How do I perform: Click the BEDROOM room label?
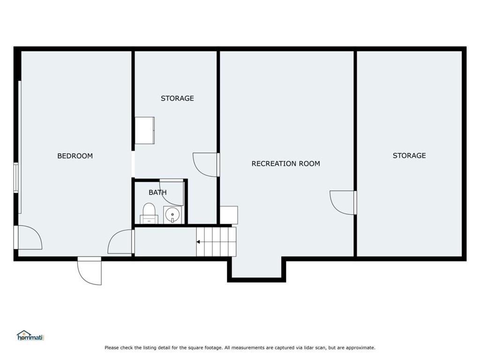point(75,156)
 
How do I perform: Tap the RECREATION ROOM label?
point(285,164)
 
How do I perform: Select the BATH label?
point(157,193)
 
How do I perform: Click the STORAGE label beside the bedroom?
point(177,98)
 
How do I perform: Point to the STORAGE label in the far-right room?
point(409,156)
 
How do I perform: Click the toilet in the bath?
point(149,213)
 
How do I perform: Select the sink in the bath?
point(172,215)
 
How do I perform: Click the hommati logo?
point(30,336)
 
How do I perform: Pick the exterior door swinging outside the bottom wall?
point(90,271)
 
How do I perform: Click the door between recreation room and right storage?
point(343,202)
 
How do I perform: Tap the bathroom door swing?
point(172,193)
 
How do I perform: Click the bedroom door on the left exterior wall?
point(28,238)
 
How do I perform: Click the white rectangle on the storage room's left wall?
point(144,130)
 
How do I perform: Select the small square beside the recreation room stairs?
point(229,215)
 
